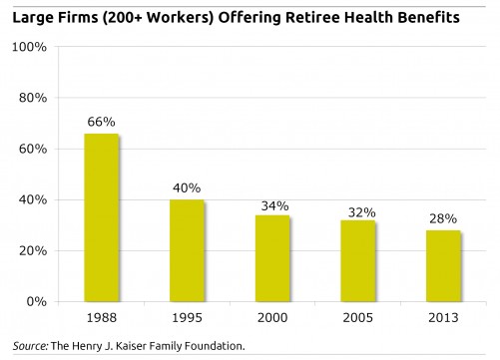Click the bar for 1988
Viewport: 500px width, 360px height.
coord(102,217)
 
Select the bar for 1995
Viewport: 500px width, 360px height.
coord(187,250)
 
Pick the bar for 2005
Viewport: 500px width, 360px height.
coord(356,260)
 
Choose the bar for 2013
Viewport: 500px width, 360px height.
coord(442,265)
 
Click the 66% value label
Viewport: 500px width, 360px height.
coord(102,122)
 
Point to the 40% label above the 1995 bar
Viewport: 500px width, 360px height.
coord(187,187)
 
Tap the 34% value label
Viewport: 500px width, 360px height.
coord(271,203)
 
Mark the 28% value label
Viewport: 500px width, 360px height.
coord(442,218)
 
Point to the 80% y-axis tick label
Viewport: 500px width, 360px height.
coord(34,98)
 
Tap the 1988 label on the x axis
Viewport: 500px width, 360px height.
coord(102,319)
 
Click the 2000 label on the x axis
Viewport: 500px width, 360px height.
coord(271,319)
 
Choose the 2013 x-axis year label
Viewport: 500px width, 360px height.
coord(442,319)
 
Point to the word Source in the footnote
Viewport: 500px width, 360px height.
coord(28,346)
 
